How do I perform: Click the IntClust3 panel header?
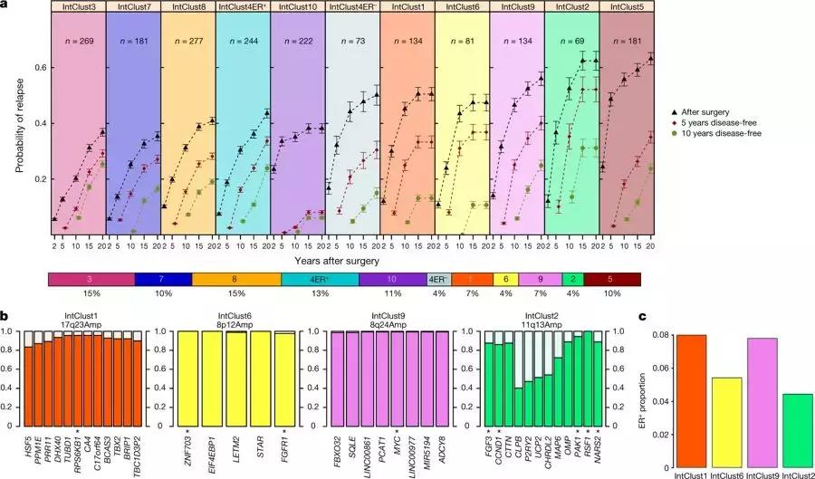point(79,7)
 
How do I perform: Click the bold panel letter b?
point(5,317)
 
